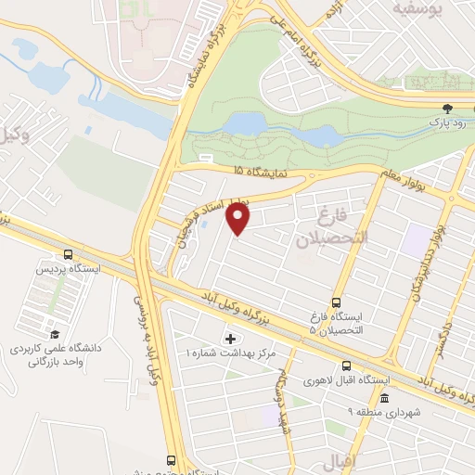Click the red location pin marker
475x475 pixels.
[239, 219]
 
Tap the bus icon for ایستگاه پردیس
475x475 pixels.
[68, 254]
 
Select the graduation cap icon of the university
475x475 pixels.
[55, 334]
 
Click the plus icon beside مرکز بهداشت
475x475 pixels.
[230, 340]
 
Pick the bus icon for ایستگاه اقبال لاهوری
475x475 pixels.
[345, 366]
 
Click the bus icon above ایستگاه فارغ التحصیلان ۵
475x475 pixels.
[336, 302]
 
